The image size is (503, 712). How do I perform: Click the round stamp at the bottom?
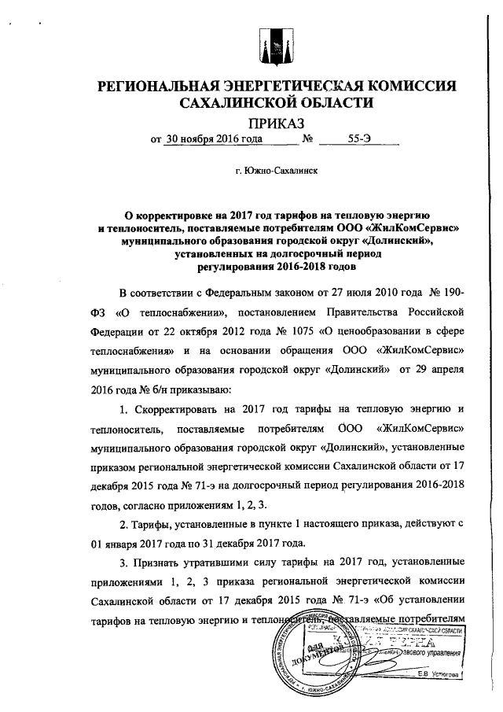pyautogui.click(x=310, y=651)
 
